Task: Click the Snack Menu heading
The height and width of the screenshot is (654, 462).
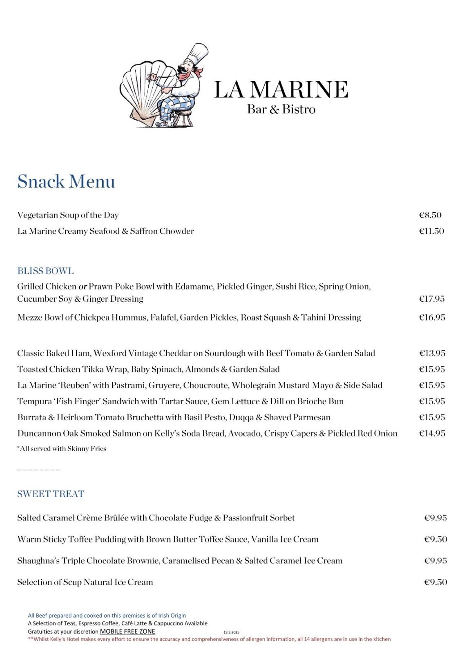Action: [66, 182]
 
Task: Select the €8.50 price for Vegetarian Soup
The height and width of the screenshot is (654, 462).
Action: [430, 215]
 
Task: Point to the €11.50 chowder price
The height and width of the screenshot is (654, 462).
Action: [431, 231]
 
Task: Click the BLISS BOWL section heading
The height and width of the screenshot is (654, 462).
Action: [45, 271]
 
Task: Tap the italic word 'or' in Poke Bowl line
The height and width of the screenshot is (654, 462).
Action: [83, 287]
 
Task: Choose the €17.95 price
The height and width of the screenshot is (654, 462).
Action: [432, 299]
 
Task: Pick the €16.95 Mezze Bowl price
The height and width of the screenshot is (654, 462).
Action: [432, 318]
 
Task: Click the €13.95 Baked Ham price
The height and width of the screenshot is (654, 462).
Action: [432, 353]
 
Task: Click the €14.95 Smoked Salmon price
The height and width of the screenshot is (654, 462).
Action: [432, 433]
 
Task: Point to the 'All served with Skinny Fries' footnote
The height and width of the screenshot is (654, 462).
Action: [62, 449]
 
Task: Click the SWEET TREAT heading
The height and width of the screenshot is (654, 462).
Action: [51, 494]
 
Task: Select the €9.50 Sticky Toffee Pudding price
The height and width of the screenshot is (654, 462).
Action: [435, 539]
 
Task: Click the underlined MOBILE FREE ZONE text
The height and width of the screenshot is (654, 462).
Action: [127, 632]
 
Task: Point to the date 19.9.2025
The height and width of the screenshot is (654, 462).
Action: [231, 632]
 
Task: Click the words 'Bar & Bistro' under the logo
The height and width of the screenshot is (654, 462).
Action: [281, 110]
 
